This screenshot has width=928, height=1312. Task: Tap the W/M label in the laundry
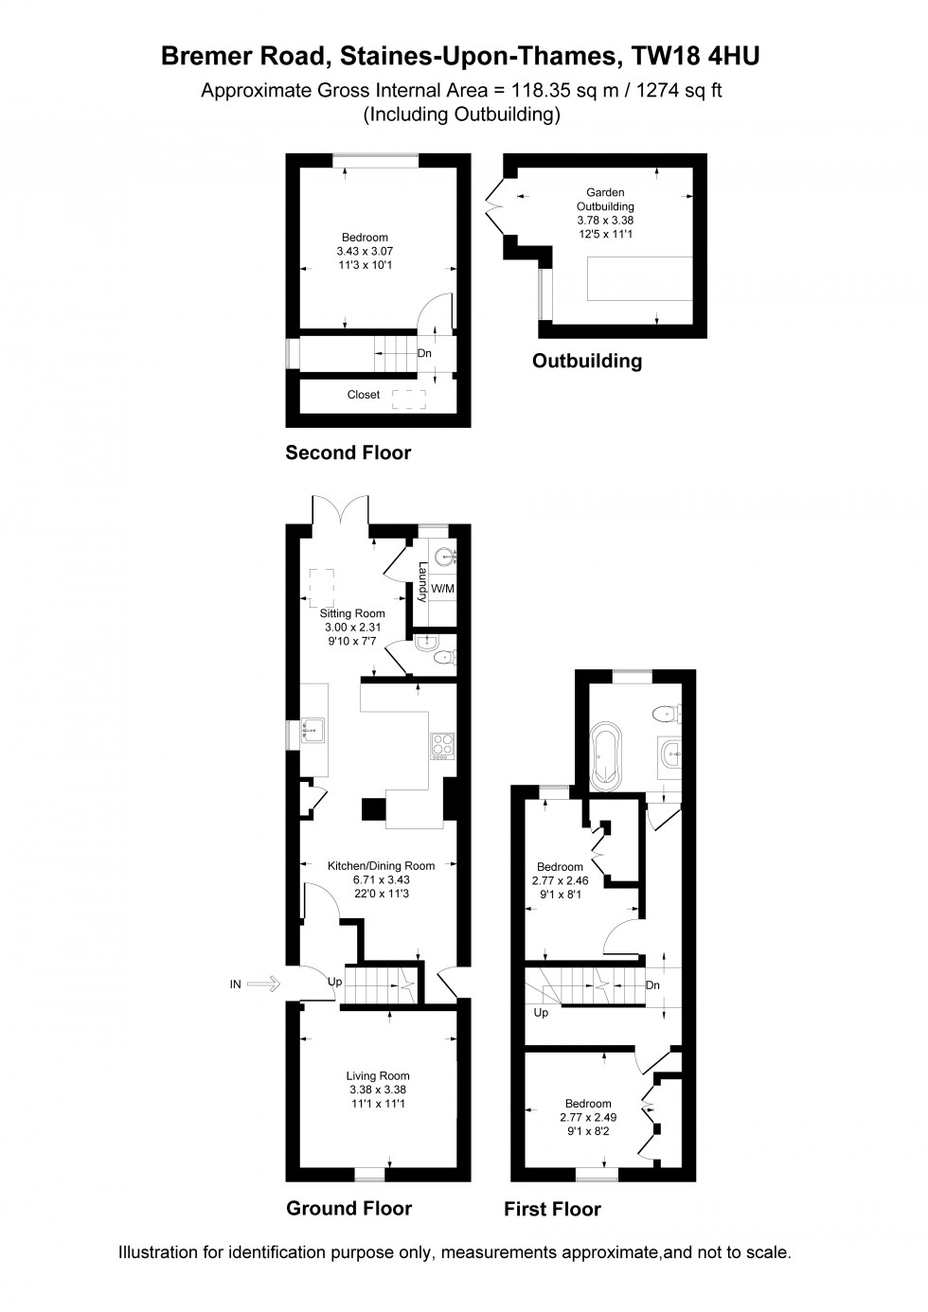pos(442,589)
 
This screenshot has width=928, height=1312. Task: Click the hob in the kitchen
pos(442,745)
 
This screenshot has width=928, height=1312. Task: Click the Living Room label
pos(378,1075)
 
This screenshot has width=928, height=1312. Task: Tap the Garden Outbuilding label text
pos(605,199)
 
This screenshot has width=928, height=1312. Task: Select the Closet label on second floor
pos(363,395)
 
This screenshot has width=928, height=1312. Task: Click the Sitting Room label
pos(352,613)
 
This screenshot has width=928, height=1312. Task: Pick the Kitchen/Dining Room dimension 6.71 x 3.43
pos(381,879)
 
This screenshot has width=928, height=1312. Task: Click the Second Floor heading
pos(348,453)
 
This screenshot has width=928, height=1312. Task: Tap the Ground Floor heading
pos(348,1208)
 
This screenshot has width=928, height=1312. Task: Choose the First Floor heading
pos(552,1209)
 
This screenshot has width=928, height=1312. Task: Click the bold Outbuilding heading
pos(586,361)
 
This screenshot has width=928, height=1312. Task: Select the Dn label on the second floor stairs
pos(424,353)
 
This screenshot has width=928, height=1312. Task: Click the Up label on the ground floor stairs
pos(334,982)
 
